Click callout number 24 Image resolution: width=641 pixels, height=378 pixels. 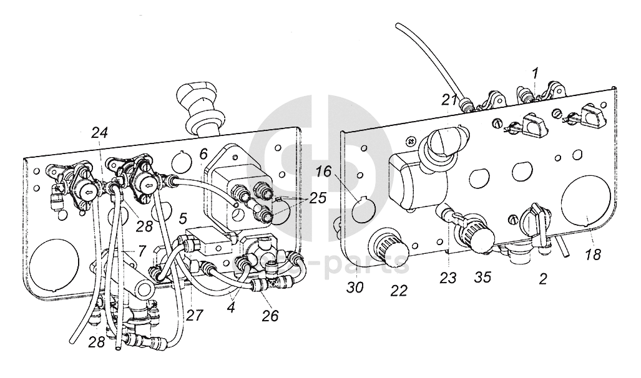pyautogui.click(x=99, y=132)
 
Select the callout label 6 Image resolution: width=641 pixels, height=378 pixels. pyautogui.click(x=203, y=153)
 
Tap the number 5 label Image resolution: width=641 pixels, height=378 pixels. pyautogui.click(x=183, y=219)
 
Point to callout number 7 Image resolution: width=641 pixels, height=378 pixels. pyautogui.click(x=143, y=251)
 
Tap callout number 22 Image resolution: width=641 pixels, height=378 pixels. pyautogui.click(x=399, y=291)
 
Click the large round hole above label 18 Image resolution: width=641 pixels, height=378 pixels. pyautogui.click(x=587, y=203)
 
